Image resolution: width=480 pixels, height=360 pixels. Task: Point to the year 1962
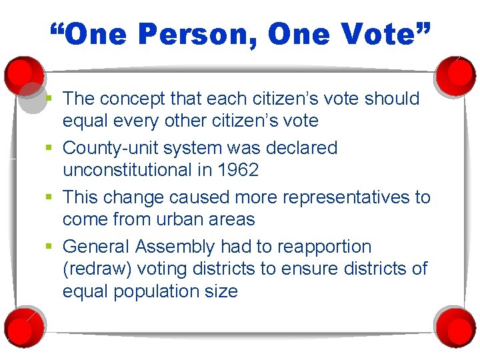238,170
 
